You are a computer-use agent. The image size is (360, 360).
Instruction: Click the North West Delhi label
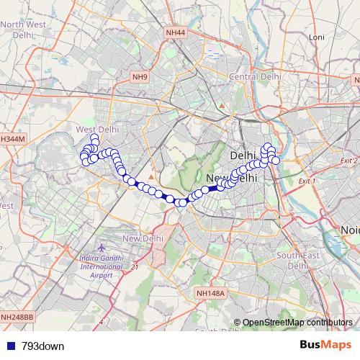tap(23, 29)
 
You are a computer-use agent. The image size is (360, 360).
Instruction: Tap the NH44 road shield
tap(175, 33)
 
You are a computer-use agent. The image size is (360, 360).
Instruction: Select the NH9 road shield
tap(139, 76)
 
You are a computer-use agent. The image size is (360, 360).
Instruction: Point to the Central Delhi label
tap(254, 76)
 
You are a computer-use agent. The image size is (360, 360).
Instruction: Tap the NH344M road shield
tap(12, 139)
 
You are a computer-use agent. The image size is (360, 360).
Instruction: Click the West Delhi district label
tap(96, 129)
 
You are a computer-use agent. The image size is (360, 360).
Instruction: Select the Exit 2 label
tap(349, 161)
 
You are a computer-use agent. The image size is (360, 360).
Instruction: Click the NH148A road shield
tap(211, 293)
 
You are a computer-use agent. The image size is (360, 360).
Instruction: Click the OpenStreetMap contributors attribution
tap(297, 322)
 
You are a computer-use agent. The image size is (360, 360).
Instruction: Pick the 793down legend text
tap(43, 346)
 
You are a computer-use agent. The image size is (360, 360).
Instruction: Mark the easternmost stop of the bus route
tap(275, 161)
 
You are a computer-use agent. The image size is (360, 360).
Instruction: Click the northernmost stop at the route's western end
tap(94, 138)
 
